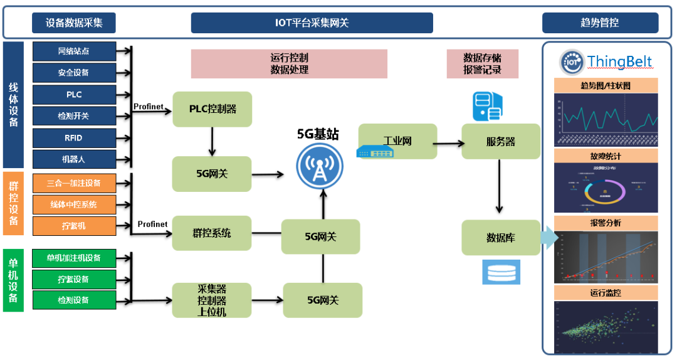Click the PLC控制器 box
click(212, 109)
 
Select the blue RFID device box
click(74, 137)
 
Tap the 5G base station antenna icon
click(320, 164)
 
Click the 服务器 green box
click(501, 142)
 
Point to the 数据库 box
click(501, 238)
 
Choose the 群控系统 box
click(212, 233)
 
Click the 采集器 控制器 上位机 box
click(212, 300)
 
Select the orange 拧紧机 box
click(74, 225)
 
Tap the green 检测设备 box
click(74, 300)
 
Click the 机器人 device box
click(74, 159)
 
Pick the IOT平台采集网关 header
click(312, 23)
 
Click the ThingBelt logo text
click(619, 61)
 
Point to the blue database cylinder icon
click(501, 272)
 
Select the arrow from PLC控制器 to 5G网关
click(213, 142)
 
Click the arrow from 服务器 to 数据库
click(500, 186)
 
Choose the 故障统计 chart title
click(606, 156)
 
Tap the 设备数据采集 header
click(74, 23)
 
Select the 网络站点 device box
click(74, 51)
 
